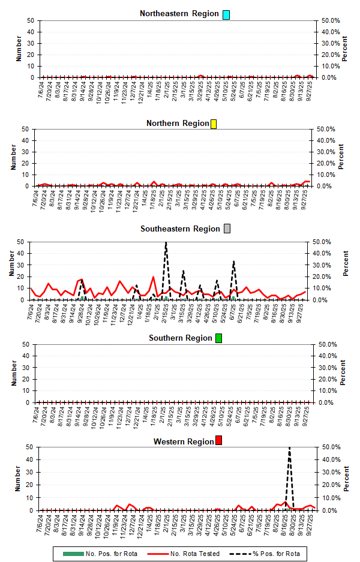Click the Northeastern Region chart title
tap(179, 14)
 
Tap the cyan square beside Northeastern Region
tap(226, 14)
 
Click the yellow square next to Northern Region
tap(214, 124)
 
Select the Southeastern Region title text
tap(181, 229)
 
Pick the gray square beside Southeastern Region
tap(227, 229)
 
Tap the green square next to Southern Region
tap(219, 338)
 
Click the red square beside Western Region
tap(219, 441)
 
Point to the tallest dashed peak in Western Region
tap(290, 448)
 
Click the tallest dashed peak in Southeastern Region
tap(166, 243)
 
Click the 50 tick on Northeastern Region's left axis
tap(31, 20)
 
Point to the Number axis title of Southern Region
tap(11, 373)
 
